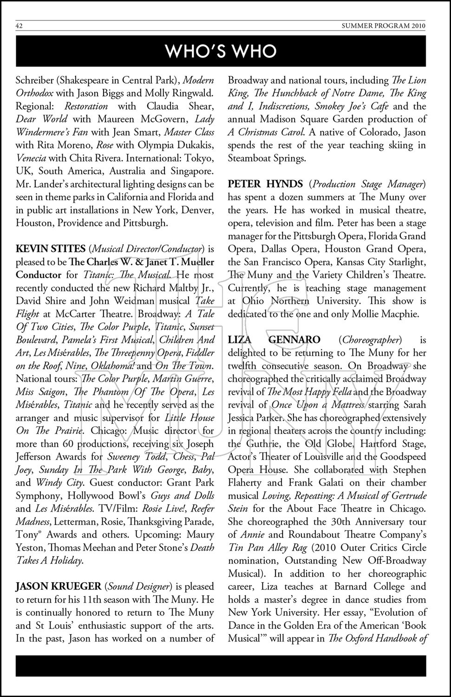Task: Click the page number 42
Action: tap(20, 26)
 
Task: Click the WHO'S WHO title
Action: tap(221, 51)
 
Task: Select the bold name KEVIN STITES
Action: tap(51, 249)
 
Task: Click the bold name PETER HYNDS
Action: tap(265, 184)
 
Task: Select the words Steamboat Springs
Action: tap(267, 158)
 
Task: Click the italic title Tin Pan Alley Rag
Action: tap(267, 547)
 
